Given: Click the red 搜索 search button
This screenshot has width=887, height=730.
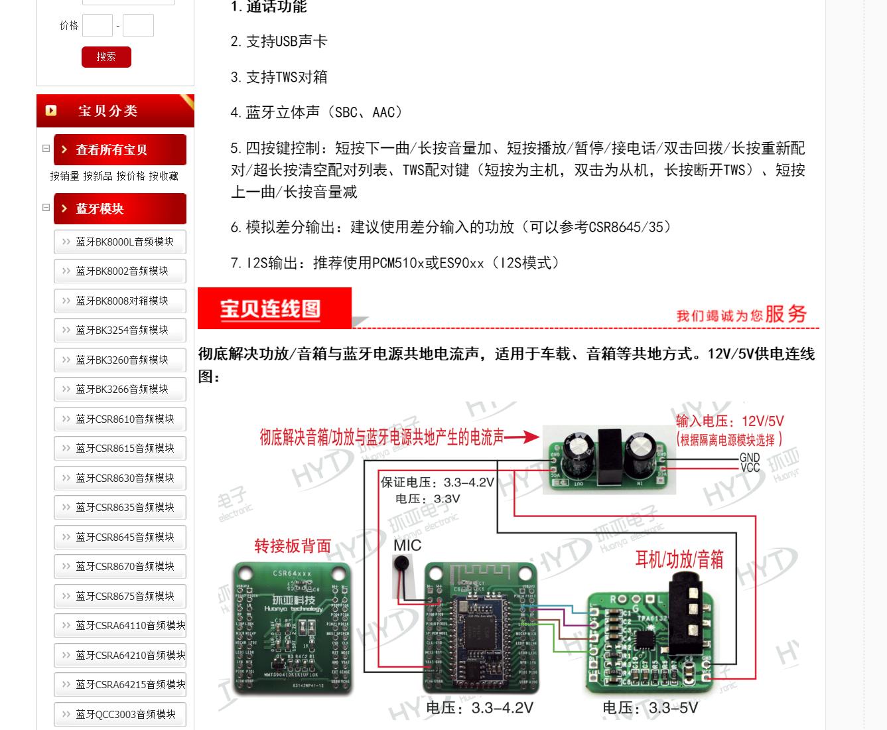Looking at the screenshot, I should coord(106,57).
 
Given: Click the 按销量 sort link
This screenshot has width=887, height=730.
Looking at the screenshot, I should coord(64,176).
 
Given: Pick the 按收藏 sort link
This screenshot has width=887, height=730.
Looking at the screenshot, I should coord(163,176).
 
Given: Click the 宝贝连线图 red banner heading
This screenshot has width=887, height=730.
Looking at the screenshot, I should coord(271,309).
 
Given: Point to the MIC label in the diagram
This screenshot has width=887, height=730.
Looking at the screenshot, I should coord(407,546).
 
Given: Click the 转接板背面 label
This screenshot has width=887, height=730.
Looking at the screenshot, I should coord(293,546).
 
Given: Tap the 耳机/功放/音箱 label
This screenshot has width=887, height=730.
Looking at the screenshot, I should coord(679,559).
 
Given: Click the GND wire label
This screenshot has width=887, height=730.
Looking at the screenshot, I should coord(750,457).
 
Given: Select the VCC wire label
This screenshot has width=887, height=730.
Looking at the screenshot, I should coord(750,468).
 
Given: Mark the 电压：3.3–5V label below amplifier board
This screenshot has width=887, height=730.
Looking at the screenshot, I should coord(649,708).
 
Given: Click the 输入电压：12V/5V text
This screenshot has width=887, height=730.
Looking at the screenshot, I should coord(730,421).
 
